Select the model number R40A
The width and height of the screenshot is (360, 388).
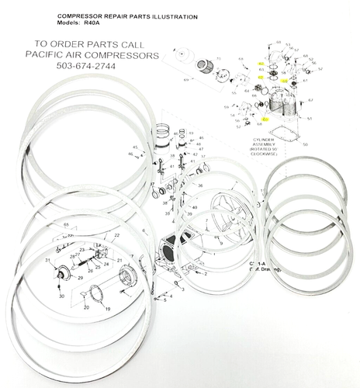coord(91,23)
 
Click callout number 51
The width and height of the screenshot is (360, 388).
coord(309,119)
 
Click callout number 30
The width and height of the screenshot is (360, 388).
coord(61,296)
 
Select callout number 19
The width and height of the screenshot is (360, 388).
coord(108,309)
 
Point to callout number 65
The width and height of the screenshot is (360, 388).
coord(67,224)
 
